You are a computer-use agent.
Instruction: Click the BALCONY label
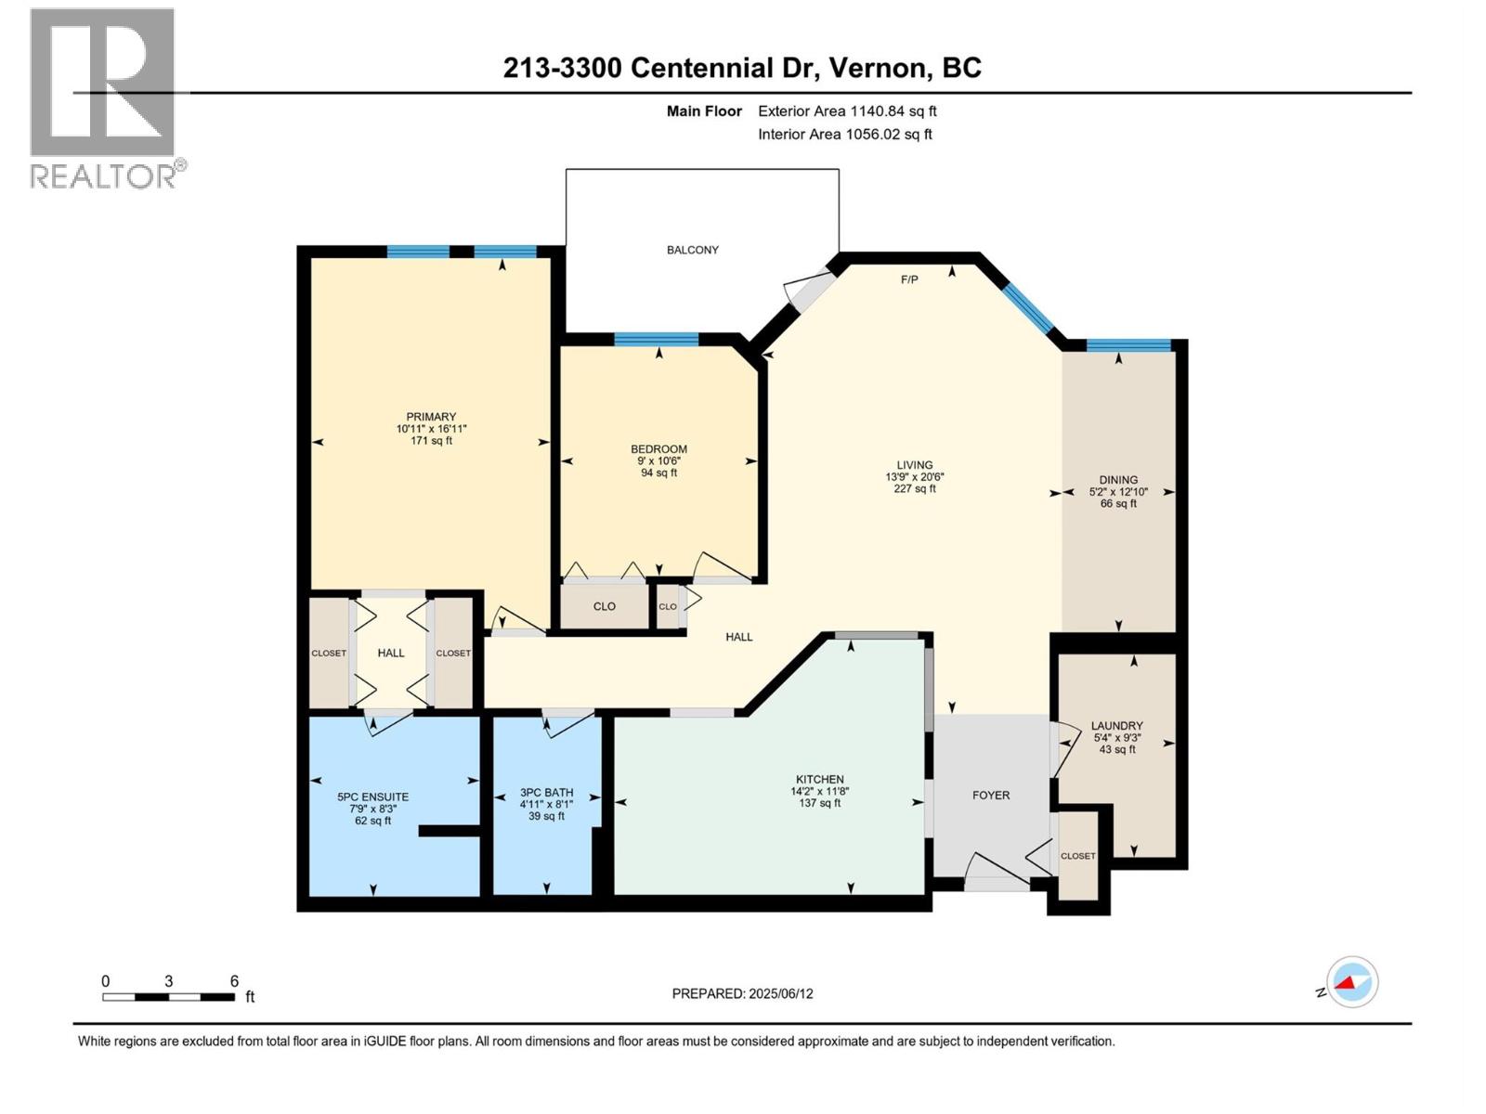tap(692, 250)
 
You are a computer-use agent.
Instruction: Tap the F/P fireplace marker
tap(909, 279)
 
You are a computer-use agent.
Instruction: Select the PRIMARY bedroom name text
tap(431, 417)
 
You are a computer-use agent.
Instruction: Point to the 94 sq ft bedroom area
tap(658, 473)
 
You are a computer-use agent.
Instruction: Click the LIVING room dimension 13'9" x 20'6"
tap(914, 477)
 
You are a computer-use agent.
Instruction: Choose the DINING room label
tap(1118, 480)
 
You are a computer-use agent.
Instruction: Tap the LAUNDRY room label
tap(1116, 726)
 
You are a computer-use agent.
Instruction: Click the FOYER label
tap(991, 796)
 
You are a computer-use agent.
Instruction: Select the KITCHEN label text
tap(819, 780)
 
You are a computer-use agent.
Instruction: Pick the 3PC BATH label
tap(546, 793)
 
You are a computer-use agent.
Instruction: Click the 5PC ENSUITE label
tap(372, 797)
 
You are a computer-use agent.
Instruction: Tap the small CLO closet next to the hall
tap(668, 606)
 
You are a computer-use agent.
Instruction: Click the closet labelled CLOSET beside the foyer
tap(1077, 856)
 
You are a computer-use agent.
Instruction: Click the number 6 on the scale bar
tap(234, 981)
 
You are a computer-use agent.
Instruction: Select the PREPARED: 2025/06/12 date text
tap(742, 993)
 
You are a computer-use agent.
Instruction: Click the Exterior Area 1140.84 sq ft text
tap(847, 111)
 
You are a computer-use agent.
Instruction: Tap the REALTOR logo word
tap(104, 176)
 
